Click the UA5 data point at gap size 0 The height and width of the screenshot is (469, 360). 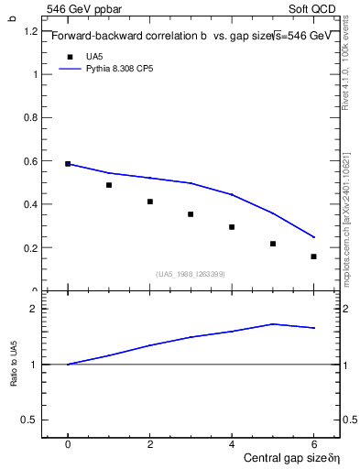[68, 163]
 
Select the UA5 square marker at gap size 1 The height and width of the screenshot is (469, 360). [109, 185]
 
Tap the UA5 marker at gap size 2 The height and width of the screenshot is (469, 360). [150, 202]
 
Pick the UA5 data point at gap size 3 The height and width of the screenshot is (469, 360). [191, 214]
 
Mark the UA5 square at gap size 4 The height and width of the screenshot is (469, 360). [232, 227]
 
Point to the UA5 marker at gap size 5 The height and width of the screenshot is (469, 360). [273, 244]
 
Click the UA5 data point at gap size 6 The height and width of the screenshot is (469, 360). [313, 256]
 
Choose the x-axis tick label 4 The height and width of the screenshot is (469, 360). [232, 443]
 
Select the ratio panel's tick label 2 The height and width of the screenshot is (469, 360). [32, 310]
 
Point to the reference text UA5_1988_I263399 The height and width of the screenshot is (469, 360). [191, 274]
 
